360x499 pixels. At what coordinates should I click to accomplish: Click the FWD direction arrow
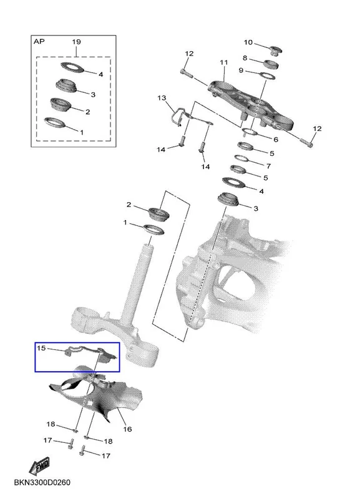tap(39, 465)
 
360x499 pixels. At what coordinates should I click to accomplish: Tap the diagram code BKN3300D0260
tap(42, 482)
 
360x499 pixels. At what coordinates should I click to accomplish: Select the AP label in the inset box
tap(39, 41)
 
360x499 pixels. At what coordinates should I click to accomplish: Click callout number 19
tap(76, 42)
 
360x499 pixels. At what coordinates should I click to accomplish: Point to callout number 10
tap(248, 42)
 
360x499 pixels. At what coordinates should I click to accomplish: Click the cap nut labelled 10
tap(275, 51)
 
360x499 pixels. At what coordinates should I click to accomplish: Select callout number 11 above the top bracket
tap(224, 62)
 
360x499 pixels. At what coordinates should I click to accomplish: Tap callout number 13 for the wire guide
tap(162, 97)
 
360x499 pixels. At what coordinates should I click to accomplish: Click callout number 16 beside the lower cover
tap(127, 429)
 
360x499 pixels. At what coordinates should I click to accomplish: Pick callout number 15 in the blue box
tap(41, 348)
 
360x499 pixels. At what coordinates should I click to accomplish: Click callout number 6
tap(276, 139)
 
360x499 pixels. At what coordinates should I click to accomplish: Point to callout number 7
tap(268, 166)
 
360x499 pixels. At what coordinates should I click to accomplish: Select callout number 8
tap(245, 58)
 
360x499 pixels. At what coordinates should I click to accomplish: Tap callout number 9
tap(241, 70)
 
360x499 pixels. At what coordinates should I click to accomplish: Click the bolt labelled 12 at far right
tap(306, 143)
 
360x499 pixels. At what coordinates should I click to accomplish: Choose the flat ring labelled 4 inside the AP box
tap(72, 67)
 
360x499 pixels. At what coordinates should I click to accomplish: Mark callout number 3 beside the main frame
tap(256, 209)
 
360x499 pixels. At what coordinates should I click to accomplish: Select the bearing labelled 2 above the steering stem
tap(159, 214)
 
